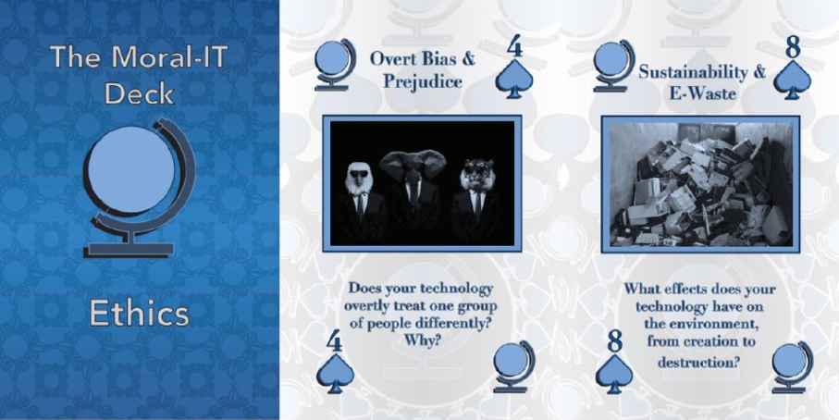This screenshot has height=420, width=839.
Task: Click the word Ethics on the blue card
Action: [139, 313]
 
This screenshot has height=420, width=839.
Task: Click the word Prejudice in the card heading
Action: [423, 81]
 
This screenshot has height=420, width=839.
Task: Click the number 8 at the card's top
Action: [793, 48]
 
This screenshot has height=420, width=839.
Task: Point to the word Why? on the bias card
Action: [422, 340]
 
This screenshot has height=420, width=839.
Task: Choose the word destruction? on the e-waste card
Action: [698, 363]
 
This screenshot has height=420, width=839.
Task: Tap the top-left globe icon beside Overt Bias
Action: [335, 66]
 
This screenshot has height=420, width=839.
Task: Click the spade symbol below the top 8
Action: [793, 80]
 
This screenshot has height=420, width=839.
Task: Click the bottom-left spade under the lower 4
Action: [336, 374]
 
